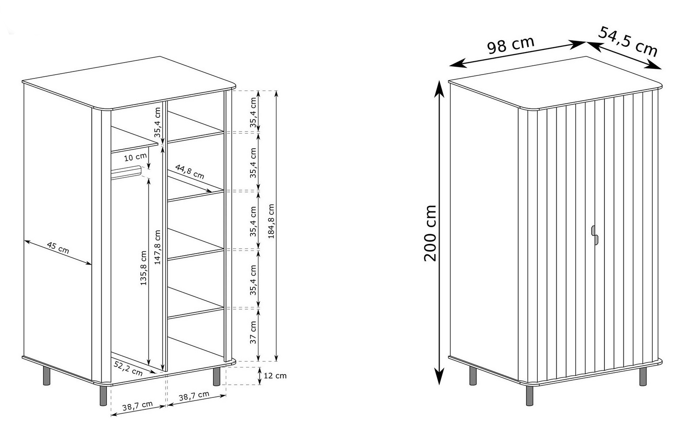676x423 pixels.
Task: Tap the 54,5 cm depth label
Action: click(x=628, y=41)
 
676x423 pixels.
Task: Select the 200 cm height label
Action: click(x=430, y=232)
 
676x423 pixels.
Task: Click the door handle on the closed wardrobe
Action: click(x=594, y=235)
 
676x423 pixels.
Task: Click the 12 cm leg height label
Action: click(x=275, y=376)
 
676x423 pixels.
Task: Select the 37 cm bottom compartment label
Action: click(x=253, y=332)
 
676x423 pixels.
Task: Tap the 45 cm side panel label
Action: click(x=58, y=247)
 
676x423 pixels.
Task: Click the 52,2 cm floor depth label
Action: click(x=128, y=368)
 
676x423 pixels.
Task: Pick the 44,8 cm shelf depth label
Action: click(x=190, y=172)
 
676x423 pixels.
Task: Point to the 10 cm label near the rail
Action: click(x=135, y=157)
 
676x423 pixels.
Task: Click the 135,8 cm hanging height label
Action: click(x=143, y=268)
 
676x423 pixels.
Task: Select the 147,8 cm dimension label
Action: click(x=157, y=247)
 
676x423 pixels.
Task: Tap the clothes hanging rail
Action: click(x=126, y=172)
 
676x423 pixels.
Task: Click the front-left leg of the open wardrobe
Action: click(x=103, y=396)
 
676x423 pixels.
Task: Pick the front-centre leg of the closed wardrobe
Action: click(x=530, y=396)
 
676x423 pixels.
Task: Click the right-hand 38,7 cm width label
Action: click(x=194, y=396)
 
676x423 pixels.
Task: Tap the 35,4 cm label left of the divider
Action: click(x=157, y=123)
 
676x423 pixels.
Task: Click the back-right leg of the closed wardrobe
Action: click(x=643, y=376)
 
